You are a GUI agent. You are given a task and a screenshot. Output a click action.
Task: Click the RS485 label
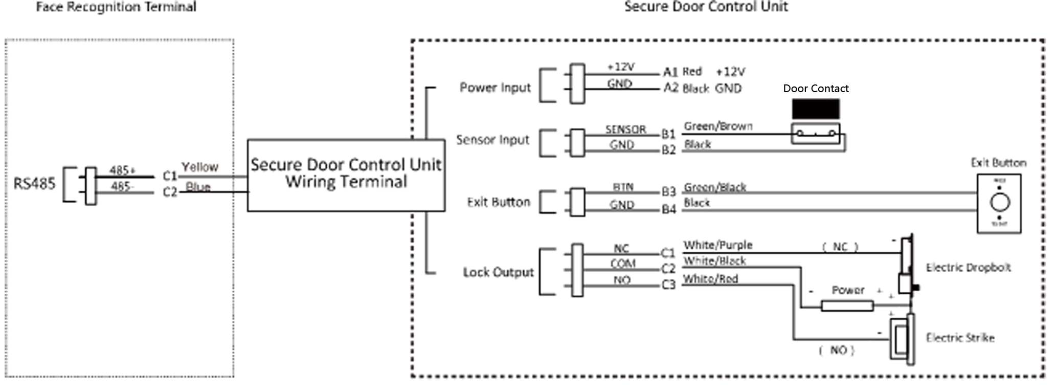[x=34, y=184]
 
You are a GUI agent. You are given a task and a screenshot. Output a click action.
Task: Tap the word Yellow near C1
[x=200, y=167]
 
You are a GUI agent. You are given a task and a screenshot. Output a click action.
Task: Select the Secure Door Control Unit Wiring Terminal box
[x=346, y=175]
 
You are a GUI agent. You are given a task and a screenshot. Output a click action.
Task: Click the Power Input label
[x=495, y=88]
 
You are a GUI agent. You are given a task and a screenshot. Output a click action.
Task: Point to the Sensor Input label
[x=492, y=140]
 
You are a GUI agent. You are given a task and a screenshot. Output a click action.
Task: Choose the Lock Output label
[x=498, y=272]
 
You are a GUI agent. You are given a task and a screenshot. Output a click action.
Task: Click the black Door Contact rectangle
[x=816, y=109]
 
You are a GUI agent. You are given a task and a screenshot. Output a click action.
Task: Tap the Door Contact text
[x=816, y=89]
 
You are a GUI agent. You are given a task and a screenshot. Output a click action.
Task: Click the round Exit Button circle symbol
[x=1000, y=203]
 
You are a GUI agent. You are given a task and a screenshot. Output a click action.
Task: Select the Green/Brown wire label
[x=718, y=126]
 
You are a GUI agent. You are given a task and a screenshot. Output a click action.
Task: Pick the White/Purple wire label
[x=718, y=245]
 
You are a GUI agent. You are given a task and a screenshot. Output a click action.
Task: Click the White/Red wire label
[x=711, y=279]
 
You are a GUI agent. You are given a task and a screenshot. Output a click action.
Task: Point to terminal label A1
[x=670, y=72]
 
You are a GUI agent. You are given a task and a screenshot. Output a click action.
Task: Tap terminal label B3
[x=669, y=192]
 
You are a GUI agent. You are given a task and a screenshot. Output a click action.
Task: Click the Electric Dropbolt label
[x=968, y=268]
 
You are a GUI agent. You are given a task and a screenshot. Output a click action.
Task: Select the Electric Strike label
[x=960, y=338]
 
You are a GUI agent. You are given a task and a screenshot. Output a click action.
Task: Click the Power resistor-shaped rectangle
[x=847, y=306]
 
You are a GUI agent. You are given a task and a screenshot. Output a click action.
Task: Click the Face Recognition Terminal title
[x=116, y=7]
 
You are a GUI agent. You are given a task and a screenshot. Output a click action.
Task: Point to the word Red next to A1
[x=692, y=72]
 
